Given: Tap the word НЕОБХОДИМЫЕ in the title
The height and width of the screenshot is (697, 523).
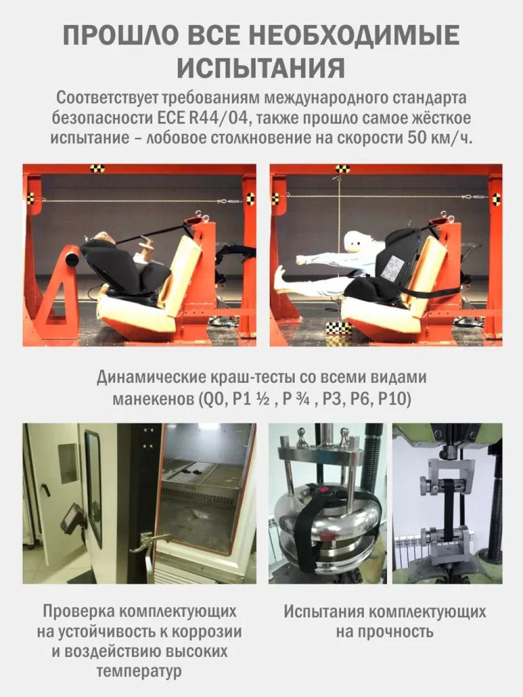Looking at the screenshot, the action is click(x=357, y=35).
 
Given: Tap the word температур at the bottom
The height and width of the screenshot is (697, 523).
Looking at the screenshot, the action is click(x=139, y=672).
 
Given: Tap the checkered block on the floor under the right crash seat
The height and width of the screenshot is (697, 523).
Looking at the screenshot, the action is click(x=339, y=327).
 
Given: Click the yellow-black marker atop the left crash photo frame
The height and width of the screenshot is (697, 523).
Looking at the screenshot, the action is click(x=97, y=168).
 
